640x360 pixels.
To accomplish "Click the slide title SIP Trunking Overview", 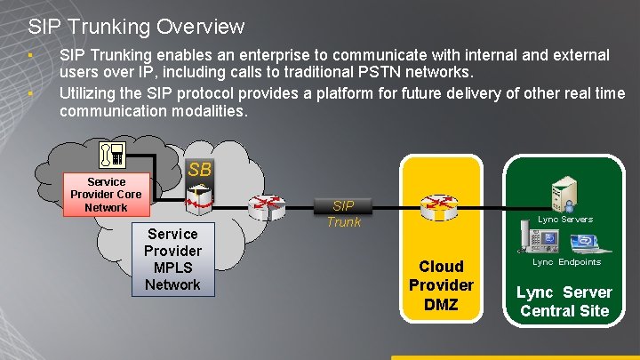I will (136, 28).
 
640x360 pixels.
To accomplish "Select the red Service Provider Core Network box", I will (106, 195).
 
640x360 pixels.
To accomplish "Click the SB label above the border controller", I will (199, 169).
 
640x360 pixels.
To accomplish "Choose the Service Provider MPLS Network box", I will (172, 259).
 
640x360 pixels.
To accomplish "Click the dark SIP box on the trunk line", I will (343, 206).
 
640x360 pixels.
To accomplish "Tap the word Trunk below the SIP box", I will (343, 222).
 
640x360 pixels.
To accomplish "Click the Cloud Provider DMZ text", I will (441, 284).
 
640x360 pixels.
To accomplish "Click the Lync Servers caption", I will (565, 219).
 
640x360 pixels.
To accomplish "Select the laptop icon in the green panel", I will (585, 243).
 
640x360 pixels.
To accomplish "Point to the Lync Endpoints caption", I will (566, 262).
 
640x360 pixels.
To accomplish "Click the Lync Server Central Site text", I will (564, 301).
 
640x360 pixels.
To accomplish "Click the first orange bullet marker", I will (30, 57).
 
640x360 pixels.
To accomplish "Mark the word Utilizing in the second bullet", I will (86, 93).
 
